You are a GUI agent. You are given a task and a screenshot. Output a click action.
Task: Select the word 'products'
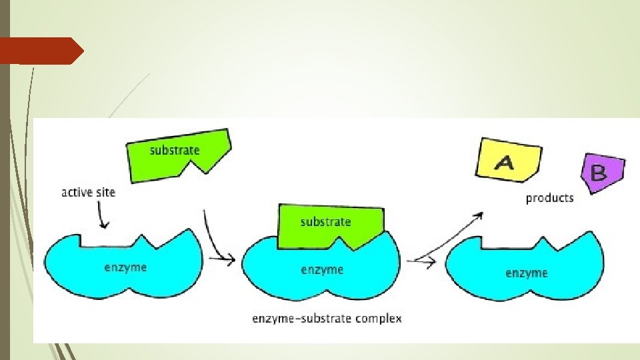549,198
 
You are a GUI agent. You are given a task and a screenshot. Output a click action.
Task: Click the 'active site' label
88,193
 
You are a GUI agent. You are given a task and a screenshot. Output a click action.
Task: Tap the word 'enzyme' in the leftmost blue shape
125,268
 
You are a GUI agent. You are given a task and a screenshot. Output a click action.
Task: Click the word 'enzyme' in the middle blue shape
322,269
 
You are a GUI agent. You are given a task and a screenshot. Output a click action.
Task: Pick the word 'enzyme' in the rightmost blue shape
527,273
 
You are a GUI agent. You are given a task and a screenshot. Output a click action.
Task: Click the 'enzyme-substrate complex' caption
327,319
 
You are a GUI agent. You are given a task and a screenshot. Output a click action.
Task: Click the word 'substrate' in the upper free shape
175,150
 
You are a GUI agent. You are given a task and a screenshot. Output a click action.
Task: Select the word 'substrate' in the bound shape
325,221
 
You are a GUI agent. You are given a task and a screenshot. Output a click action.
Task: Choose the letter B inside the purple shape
599,173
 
